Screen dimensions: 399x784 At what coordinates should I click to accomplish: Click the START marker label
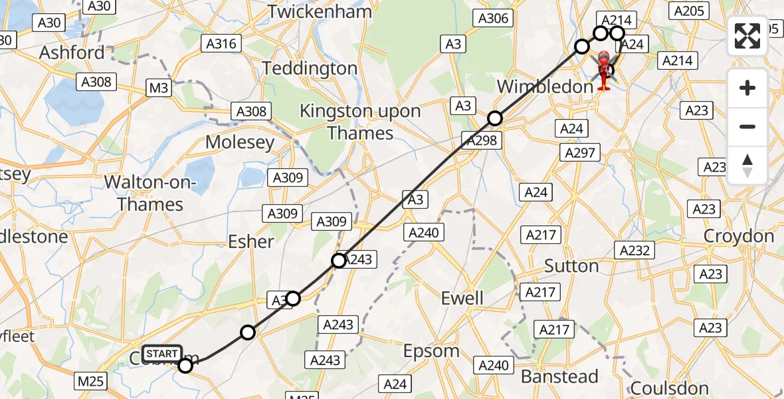(x=161, y=353)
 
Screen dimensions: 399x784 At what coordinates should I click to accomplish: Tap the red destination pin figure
(x=604, y=70)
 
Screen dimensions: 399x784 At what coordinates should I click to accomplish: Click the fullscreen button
(x=747, y=36)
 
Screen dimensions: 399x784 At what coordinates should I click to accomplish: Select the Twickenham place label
(x=319, y=11)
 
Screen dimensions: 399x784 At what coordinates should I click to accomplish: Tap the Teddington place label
(x=310, y=68)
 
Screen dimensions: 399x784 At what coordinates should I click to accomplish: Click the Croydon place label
(x=739, y=236)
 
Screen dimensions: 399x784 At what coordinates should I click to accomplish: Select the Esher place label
(x=251, y=241)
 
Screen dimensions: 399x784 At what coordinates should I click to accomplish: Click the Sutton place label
(x=571, y=266)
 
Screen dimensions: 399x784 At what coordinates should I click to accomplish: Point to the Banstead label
(x=559, y=376)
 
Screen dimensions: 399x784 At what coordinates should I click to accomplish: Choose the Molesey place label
(x=239, y=142)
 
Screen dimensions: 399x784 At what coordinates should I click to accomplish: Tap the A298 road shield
(x=481, y=140)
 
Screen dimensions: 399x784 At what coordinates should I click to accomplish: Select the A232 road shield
(x=636, y=250)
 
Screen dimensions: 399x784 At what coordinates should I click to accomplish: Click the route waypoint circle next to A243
(x=339, y=261)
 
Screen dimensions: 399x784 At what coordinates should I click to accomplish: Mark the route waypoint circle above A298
(x=495, y=119)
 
